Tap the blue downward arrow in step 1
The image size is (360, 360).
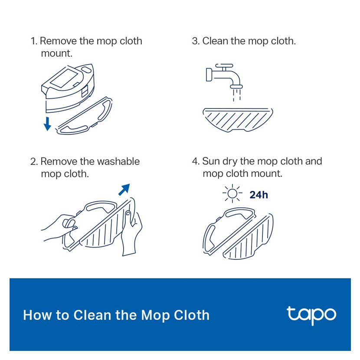47,124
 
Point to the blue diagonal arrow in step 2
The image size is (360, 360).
124,190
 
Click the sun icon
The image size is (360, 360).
232,193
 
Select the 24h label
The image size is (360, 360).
259,195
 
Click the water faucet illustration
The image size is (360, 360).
224,76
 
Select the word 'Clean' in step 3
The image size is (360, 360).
216,41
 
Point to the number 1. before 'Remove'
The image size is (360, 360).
34,41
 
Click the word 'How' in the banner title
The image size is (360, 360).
37,315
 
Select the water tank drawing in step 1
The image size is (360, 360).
68,88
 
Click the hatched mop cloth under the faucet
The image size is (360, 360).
238,120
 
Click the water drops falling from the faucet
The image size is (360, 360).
237,95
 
